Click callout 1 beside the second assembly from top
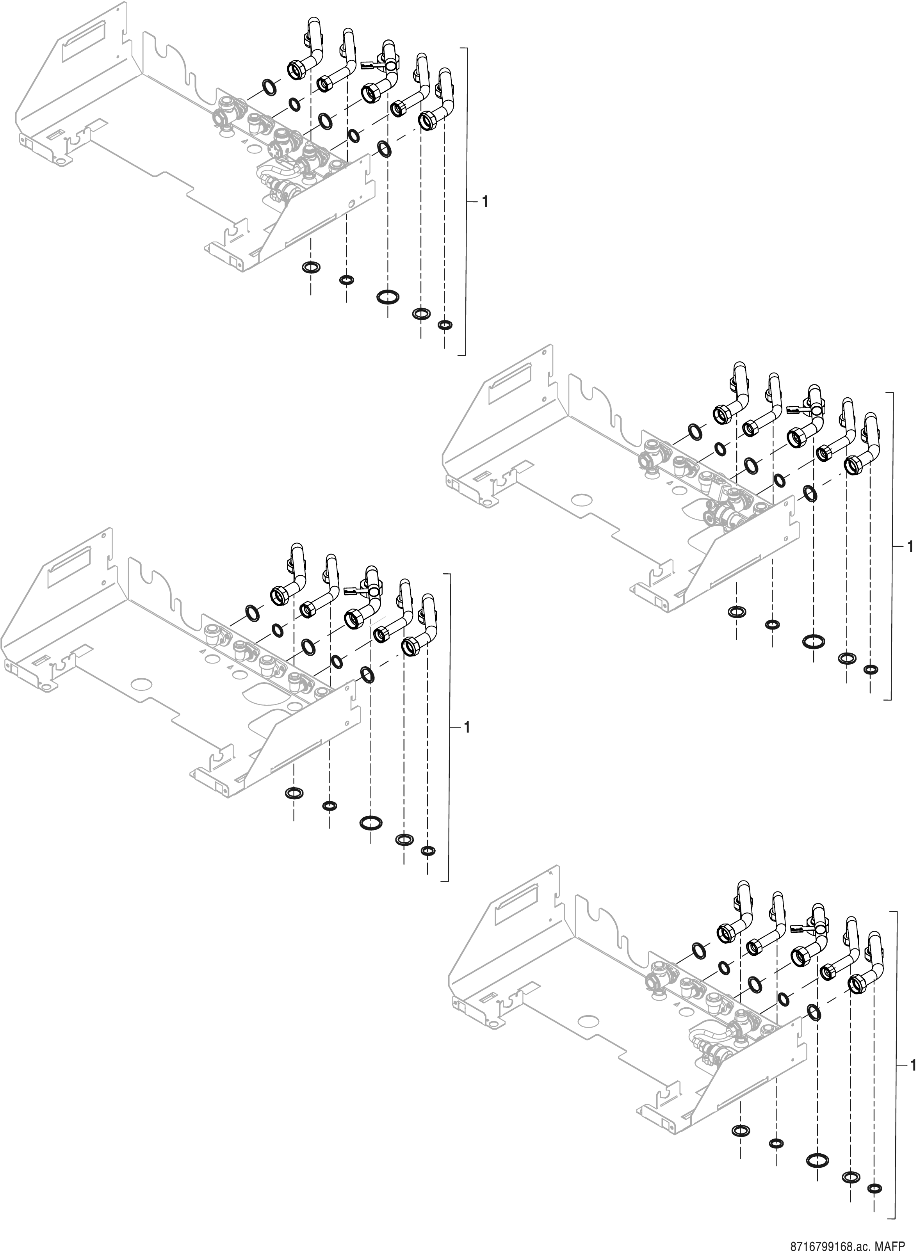tap(910, 547)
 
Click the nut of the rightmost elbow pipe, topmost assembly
tap(427, 119)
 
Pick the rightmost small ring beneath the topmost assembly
tap(445, 325)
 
